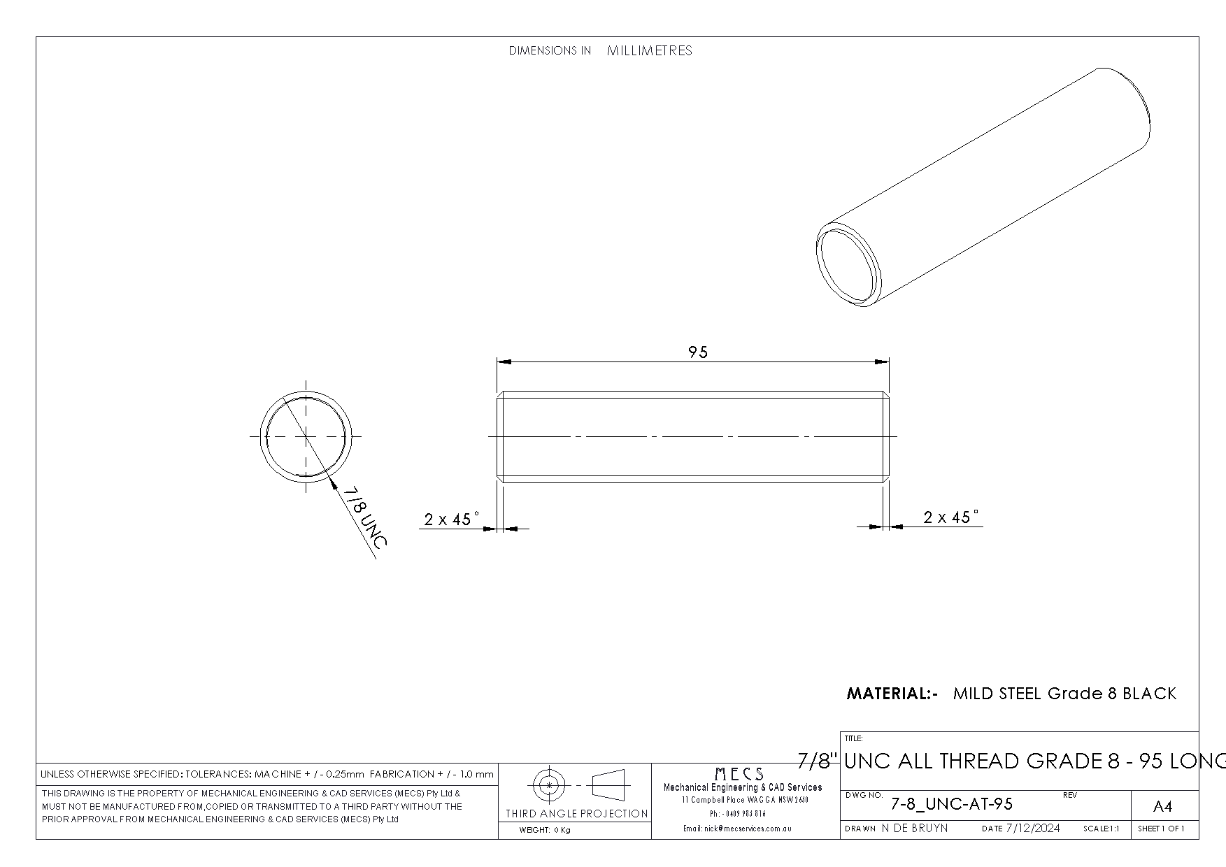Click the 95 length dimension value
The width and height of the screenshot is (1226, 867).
[698, 352]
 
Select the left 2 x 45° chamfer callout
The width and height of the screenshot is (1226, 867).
[452, 519]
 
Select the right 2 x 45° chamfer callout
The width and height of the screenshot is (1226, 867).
[951, 517]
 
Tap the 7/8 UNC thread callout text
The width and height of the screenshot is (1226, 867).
[364, 518]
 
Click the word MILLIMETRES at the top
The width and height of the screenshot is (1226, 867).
[650, 50]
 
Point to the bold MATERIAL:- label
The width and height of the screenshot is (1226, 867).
[892, 694]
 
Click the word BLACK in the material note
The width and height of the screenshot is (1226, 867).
[1150, 694]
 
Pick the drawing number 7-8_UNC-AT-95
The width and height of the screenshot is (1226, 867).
[951, 804]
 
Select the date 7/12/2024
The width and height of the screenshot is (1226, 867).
[1033, 829]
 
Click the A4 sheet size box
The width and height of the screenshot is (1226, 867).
[1162, 807]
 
